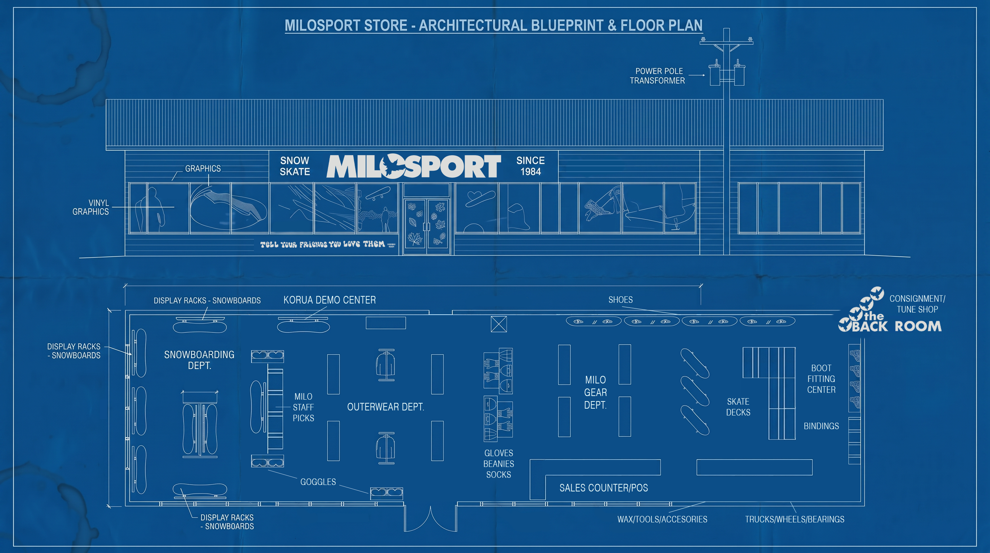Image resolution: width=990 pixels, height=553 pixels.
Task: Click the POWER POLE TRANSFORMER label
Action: point(657,76)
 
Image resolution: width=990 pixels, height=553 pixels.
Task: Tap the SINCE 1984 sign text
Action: point(530,166)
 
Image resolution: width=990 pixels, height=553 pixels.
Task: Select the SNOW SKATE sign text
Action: point(295,166)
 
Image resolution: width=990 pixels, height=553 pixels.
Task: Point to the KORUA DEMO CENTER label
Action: point(330,300)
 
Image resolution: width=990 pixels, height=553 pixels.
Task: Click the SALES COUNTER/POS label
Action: point(603,488)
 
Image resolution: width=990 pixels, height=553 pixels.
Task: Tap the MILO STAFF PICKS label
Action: point(303,407)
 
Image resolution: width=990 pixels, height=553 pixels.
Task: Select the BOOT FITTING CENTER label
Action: point(821,379)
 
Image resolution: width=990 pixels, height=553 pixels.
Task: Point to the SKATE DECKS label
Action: point(738,407)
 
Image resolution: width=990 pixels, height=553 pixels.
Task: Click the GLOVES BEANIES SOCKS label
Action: point(499,464)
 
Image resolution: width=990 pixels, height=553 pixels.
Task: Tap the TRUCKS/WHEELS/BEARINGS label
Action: point(794,519)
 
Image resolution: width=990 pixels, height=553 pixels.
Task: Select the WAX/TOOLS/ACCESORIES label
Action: point(662,519)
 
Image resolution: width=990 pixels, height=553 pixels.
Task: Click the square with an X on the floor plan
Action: point(499,324)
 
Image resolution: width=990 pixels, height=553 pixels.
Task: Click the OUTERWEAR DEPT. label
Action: point(386,407)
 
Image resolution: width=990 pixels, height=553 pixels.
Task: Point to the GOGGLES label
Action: point(318,482)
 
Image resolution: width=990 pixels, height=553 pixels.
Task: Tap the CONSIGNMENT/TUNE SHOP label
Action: point(917,304)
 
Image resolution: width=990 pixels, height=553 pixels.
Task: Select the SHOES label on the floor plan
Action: point(620,300)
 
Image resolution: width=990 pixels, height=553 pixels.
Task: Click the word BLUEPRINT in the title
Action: point(567,25)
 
